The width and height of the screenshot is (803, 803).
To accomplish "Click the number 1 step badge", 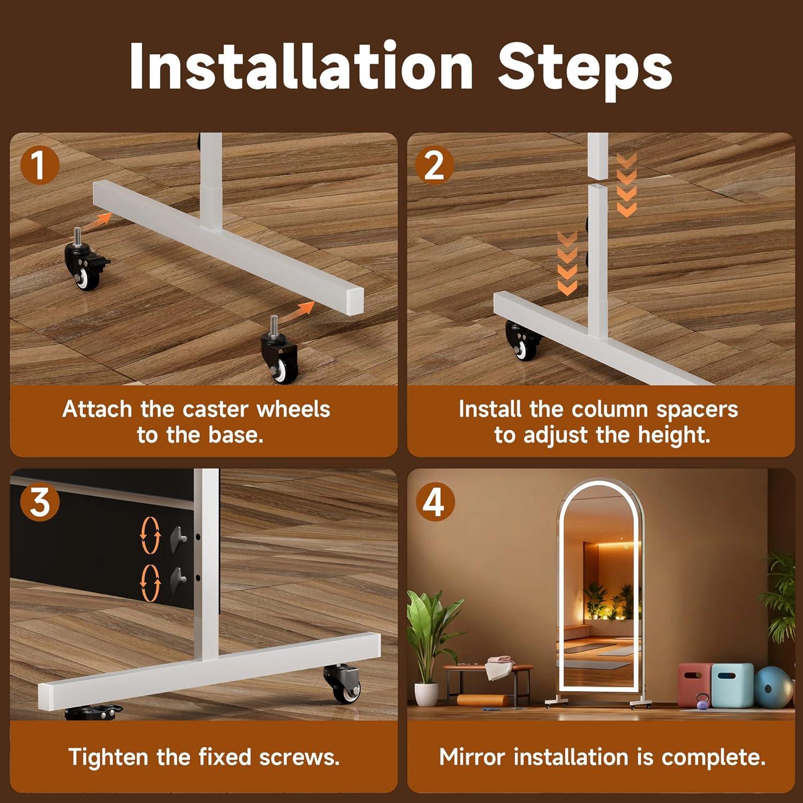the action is click(39, 165).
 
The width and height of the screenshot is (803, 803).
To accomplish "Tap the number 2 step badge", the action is click(434, 165).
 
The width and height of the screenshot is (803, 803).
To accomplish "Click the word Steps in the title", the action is click(585, 69).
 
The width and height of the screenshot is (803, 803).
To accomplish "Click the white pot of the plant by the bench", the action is click(426, 694).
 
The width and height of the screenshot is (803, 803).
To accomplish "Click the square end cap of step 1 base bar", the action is click(354, 301).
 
